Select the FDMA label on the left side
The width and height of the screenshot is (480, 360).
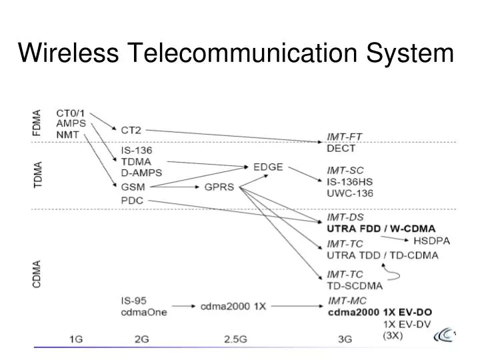click(37, 123)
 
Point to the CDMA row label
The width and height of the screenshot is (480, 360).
click(37, 274)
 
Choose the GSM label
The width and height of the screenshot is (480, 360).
click(133, 187)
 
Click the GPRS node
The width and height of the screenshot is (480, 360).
click(219, 187)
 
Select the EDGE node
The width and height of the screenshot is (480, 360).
click(268, 167)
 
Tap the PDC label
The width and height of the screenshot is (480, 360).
click(133, 200)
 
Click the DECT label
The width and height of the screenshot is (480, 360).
click(341, 148)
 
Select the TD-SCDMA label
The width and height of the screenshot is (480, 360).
click(355, 286)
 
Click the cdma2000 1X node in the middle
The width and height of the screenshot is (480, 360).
click(233, 306)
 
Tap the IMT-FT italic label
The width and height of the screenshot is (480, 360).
click(344, 137)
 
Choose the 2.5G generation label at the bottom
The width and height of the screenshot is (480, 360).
click(235, 339)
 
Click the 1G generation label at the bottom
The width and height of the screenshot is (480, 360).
click(76, 339)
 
